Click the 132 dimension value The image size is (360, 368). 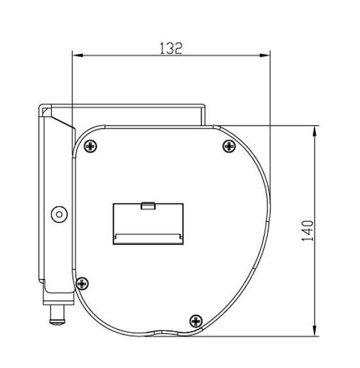[x=171, y=48]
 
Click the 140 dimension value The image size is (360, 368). [x=307, y=231]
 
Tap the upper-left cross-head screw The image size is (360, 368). [x=91, y=146]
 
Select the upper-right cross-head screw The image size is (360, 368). [x=229, y=146]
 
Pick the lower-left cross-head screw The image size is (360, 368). [x=82, y=284]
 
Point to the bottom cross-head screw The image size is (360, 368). [x=196, y=321]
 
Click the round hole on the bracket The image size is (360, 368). [x=60, y=214]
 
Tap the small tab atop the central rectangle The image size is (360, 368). [x=148, y=206]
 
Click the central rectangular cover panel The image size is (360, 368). [x=148, y=224]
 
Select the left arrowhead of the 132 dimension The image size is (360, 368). [x=78, y=55]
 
